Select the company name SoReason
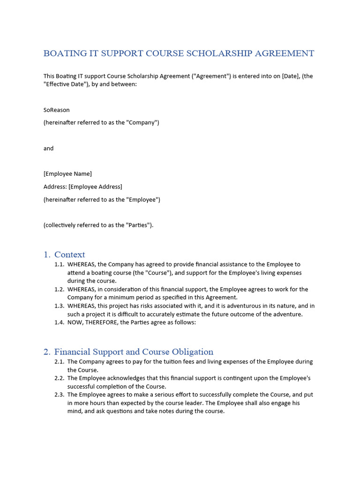56,110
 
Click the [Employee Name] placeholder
67,174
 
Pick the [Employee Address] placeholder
95,187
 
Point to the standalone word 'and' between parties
49,149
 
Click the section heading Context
69,255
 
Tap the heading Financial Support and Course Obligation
134,352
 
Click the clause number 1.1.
59,265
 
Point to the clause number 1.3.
59,306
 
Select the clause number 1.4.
59,322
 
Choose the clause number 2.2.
59,378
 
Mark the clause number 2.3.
59,395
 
